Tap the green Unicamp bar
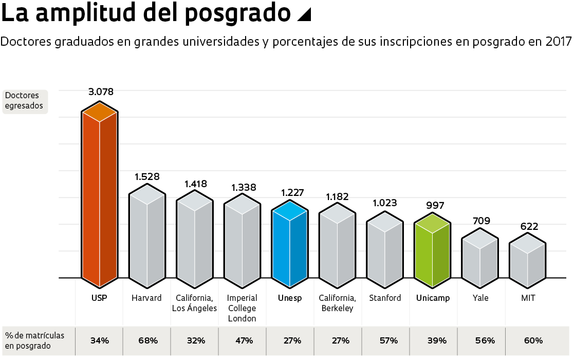[x=433, y=252]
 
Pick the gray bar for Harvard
[x=147, y=237]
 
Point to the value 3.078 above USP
[x=101, y=92]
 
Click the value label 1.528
[x=147, y=176]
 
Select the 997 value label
[x=435, y=205]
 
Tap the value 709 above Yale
[x=482, y=221]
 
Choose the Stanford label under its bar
[x=385, y=298]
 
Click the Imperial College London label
[x=242, y=308]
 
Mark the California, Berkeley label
[x=337, y=303]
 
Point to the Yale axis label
[x=480, y=298]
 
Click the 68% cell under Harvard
[x=147, y=340]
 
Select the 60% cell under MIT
[x=533, y=340]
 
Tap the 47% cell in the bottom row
[x=244, y=340]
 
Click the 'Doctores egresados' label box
[x=25, y=101]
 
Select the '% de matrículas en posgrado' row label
[x=35, y=340]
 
